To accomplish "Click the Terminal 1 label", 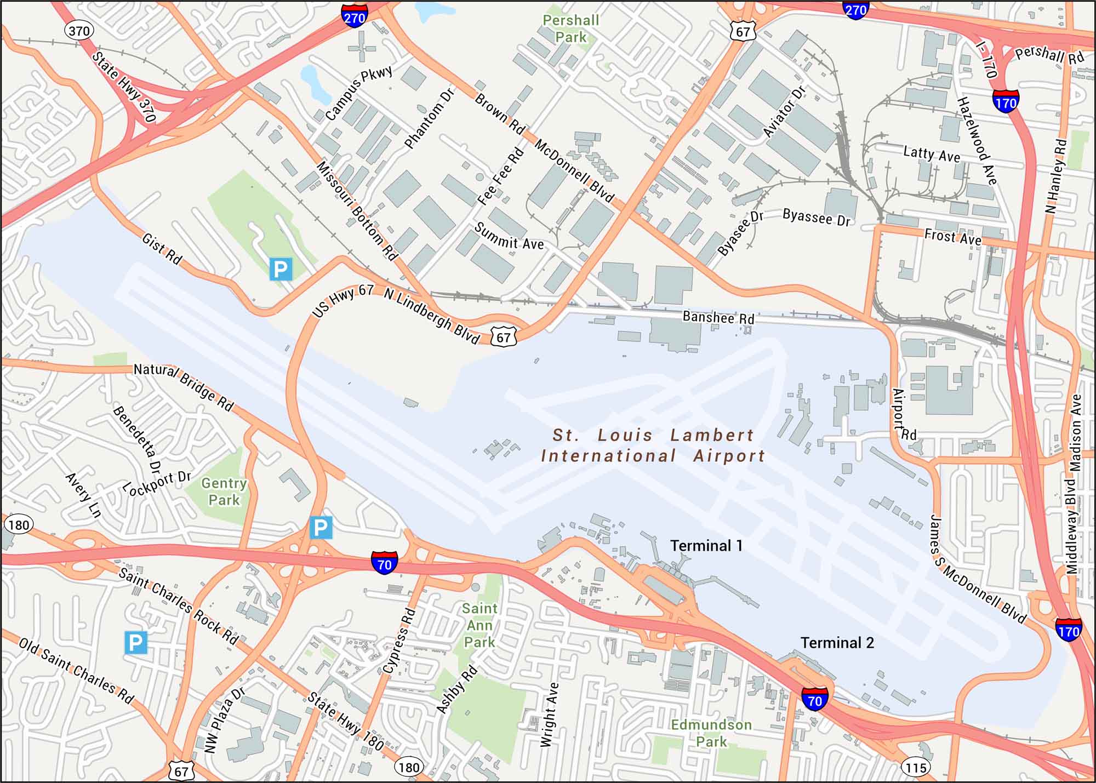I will (706, 546).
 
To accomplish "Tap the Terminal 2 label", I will (837, 643).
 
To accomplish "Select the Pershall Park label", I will (570, 28).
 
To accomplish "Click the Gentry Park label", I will (224, 491).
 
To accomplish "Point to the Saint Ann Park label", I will (480, 625).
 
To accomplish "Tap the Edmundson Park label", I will (711, 733).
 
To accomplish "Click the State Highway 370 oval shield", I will (79, 31).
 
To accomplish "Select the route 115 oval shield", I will (916, 768).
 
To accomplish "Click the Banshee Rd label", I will (718, 317).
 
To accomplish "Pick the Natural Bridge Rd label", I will (184, 387).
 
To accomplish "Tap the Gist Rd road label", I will (162, 249).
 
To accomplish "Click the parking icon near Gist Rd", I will (281, 269).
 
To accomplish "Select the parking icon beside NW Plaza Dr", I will (136, 642).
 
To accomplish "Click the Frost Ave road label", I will (952, 236).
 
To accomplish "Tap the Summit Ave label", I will (509, 236).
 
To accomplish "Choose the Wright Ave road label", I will (549, 715).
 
